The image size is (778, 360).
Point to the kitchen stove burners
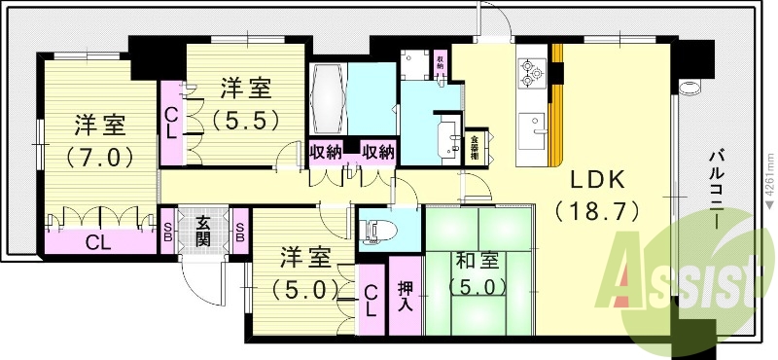tap(531, 70)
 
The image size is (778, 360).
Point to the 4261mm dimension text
tap(768, 190)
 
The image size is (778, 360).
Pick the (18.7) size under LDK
tap(597, 210)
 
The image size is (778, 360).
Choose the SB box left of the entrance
tap(167, 232)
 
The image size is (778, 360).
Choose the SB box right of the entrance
tap(239, 232)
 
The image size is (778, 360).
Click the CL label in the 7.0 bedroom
tap(95, 241)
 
